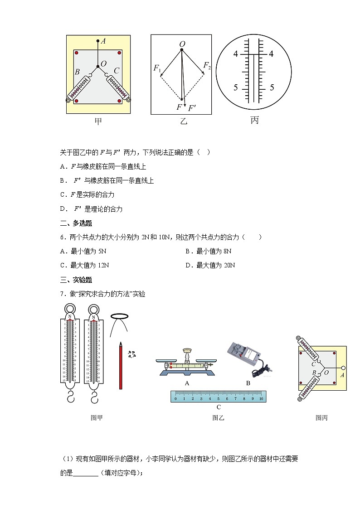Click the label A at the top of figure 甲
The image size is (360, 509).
pos(103,41)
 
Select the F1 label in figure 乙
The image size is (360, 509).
pos(157,68)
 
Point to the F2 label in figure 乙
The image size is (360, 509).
pos(207,66)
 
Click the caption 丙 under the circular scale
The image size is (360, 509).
pos(254,120)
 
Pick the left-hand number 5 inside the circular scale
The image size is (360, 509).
pos(236,87)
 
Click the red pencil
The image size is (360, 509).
pos(121,365)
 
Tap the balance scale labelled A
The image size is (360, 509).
pos(186,362)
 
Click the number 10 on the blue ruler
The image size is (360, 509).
pos(261,399)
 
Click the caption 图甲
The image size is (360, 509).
pos(97,418)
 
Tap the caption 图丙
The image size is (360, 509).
pos(321,418)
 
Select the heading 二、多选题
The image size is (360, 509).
pos(76,223)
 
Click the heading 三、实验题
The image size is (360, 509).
pos(76,280)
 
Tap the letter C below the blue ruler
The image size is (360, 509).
pos(219,407)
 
